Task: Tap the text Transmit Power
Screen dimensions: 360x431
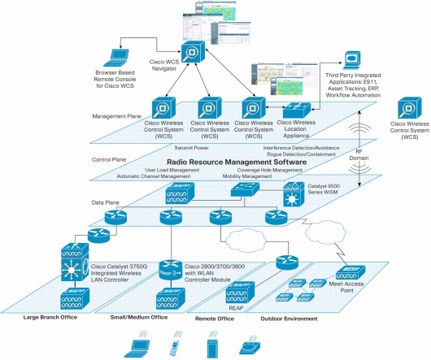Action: click(x=192, y=148)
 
